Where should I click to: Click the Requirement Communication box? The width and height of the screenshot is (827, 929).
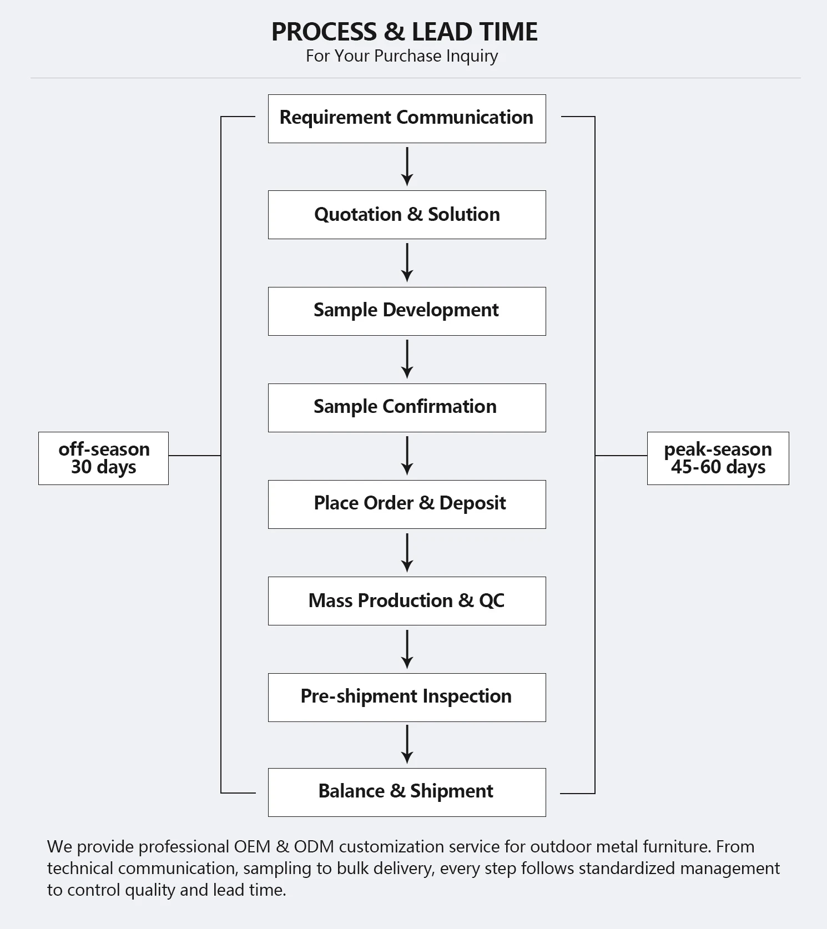click(x=407, y=119)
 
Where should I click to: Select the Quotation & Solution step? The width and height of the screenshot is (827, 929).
click(x=407, y=215)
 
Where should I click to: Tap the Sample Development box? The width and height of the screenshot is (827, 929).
click(x=407, y=311)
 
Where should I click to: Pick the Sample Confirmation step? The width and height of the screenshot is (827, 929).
click(x=407, y=408)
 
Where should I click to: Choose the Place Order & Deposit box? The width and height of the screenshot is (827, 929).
click(x=407, y=504)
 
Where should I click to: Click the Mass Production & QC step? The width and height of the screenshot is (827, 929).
click(x=407, y=601)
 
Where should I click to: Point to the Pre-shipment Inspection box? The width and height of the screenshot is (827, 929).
click(x=407, y=698)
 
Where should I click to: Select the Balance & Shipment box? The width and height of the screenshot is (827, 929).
click(x=407, y=792)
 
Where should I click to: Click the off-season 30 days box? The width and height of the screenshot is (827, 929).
click(x=103, y=458)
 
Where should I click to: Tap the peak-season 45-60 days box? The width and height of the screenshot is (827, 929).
click(x=718, y=458)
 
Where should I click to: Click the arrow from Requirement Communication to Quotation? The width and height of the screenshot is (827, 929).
click(x=407, y=166)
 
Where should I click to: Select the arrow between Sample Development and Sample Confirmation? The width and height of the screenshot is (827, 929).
click(x=407, y=359)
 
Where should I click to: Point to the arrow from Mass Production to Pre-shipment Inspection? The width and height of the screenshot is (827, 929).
click(x=407, y=649)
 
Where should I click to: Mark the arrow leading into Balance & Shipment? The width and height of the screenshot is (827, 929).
click(x=407, y=744)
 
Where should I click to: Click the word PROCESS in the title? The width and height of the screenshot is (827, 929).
click(x=324, y=32)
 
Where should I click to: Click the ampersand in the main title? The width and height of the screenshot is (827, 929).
click(x=394, y=32)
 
